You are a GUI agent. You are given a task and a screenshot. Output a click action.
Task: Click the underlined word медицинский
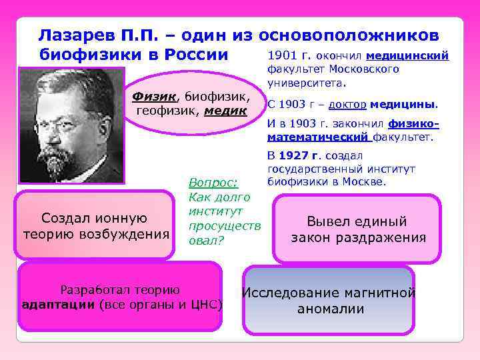407,56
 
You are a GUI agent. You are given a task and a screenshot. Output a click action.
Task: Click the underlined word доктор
347,105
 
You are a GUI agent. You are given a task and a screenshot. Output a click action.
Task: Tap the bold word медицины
403,105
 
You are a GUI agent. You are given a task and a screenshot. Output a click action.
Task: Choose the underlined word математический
319,137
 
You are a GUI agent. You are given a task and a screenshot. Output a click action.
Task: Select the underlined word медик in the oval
226,110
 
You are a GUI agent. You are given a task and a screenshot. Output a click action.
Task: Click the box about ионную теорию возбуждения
95,225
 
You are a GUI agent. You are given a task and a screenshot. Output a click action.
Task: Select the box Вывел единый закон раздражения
357,229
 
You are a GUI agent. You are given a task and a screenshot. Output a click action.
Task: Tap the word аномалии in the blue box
331,309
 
